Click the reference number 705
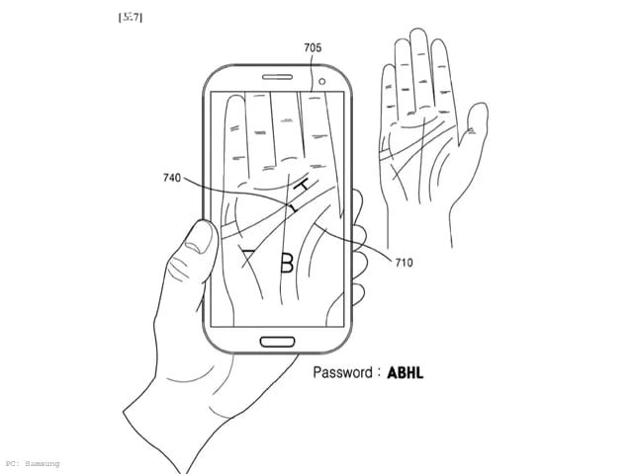(x=314, y=46)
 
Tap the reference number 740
(x=172, y=178)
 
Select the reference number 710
(x=404, y=263)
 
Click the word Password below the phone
(x=344, y=372)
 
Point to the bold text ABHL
(x=405, y=373)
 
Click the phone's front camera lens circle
(x=322, y=80)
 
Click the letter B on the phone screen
(x=287, y=263)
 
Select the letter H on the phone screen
(x=308, y=186)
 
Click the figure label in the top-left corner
(x=130, y=17)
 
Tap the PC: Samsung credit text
(x=32, y=463)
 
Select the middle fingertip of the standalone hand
(x=419, y=37)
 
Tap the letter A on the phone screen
(x=248, y=260)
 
